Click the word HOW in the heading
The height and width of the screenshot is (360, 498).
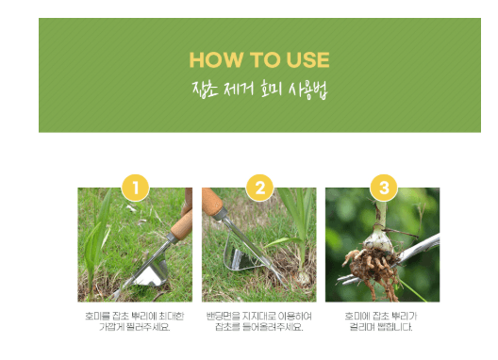211,60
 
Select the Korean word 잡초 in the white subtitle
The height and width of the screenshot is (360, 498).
203,92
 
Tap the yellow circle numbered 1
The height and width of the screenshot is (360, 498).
135,188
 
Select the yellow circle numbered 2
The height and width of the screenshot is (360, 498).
258,188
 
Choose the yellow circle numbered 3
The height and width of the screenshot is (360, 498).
382,188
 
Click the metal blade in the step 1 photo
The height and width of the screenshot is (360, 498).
148,276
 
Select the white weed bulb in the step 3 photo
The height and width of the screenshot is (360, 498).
379,241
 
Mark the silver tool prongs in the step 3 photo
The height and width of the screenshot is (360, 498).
415,251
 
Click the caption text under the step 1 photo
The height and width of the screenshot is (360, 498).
134,321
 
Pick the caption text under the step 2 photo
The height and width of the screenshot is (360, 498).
258,321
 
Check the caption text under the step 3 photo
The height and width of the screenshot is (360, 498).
382,321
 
